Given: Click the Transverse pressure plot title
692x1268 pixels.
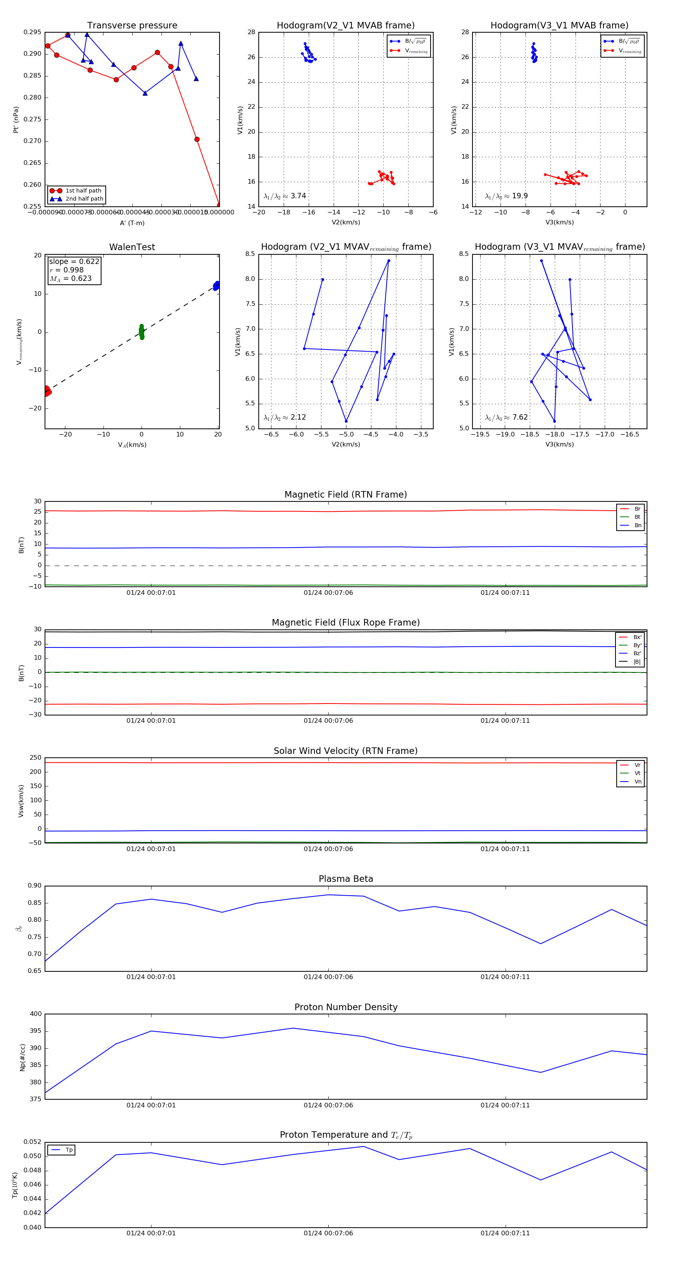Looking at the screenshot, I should tap(132, 26).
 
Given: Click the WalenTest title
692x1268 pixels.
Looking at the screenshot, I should tap(132, 247).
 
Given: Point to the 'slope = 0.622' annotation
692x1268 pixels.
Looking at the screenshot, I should tap(74, 261).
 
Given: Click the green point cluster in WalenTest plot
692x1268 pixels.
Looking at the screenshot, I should tap(142, 332).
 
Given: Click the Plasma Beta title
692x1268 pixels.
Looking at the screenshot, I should tap(346, 879).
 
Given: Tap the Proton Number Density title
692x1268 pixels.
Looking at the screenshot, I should tap(346, 1007).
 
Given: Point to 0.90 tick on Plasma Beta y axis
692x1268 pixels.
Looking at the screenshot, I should tap(35, 886).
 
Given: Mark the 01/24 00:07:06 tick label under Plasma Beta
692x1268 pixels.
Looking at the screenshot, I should tap(328, 977).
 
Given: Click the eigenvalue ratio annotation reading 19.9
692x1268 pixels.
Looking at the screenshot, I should tap(506, 196).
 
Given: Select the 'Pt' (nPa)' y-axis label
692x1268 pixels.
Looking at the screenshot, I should tap(16, 119).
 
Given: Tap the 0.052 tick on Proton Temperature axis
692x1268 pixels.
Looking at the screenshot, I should tap(33, 1142).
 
